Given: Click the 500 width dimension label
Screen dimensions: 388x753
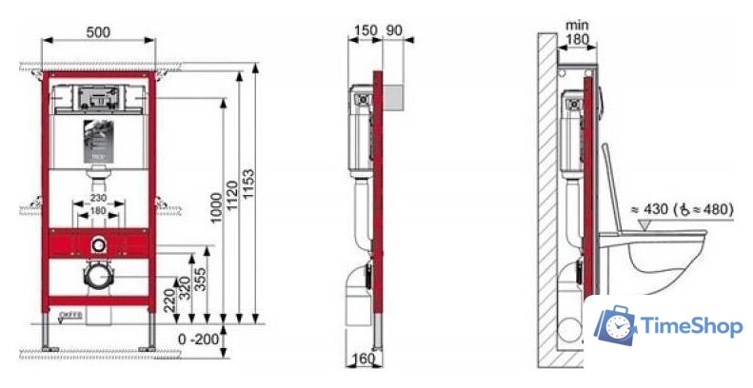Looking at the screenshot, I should [97, 31].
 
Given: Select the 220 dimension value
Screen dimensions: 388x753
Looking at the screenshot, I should [168, 298].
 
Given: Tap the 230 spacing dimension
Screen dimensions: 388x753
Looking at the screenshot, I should [97, 198].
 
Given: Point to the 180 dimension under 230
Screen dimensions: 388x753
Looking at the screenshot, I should [97, 210].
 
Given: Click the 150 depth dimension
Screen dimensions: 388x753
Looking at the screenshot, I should [365, 31].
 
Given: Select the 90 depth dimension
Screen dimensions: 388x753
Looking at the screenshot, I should [393, 31].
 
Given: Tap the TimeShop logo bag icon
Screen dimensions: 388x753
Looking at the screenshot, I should [616, 326].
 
